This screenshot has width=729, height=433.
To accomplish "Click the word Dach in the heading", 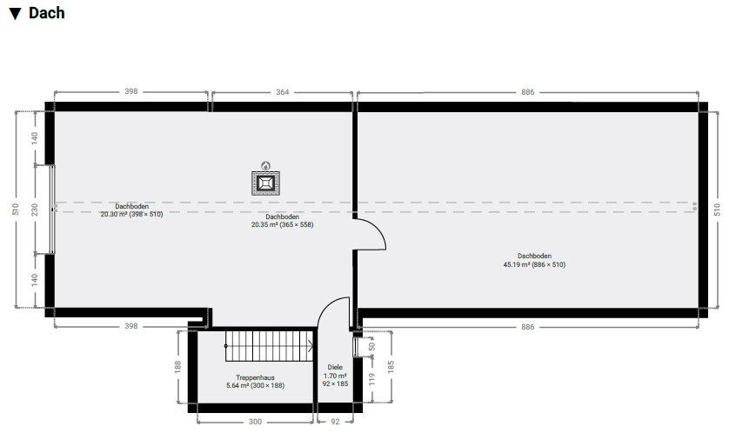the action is coord(46,13).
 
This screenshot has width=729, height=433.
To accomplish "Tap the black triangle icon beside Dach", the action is coord(16,14).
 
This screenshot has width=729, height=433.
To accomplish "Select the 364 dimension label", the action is coord(282,92).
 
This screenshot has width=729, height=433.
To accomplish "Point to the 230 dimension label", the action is coord(35,210).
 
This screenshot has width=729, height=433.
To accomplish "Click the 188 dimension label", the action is coord(177,367).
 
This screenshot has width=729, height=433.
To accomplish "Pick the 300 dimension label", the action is coord(255,422).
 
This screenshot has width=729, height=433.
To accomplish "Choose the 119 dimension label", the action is coord(371,379).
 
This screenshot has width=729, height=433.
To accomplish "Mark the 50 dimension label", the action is coord(371,347).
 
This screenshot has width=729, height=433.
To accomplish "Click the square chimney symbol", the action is coord(265,183).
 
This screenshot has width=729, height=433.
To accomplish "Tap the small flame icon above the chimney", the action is coord(265,165).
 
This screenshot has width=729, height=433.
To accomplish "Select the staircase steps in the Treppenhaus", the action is coord(269,346).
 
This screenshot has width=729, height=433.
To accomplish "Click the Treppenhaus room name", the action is coord(255,377).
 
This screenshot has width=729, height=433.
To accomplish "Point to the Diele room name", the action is coord(335,367).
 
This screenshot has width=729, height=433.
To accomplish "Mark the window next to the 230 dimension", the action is coord(51,210).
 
